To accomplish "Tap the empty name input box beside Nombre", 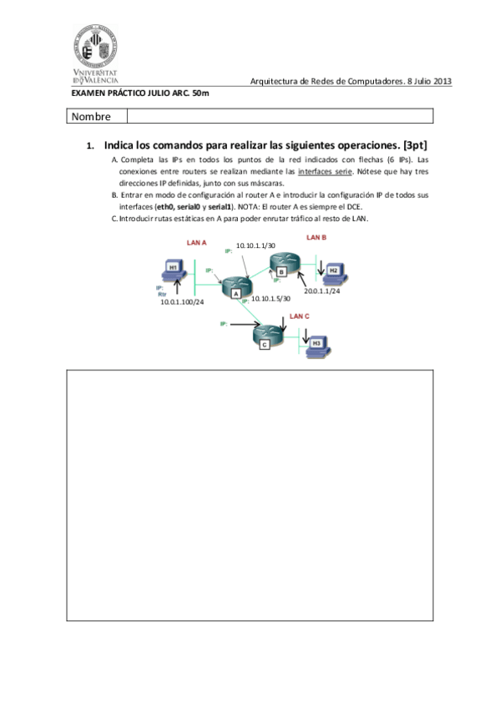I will pos(280,116).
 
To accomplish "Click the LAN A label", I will pos(197,242).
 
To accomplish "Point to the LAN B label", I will pos(316,237).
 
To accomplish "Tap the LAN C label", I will pos(299,316).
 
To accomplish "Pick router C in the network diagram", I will pos(266,336).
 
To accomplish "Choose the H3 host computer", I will pos(316,345).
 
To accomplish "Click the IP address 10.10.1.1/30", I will pos(255,245).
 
